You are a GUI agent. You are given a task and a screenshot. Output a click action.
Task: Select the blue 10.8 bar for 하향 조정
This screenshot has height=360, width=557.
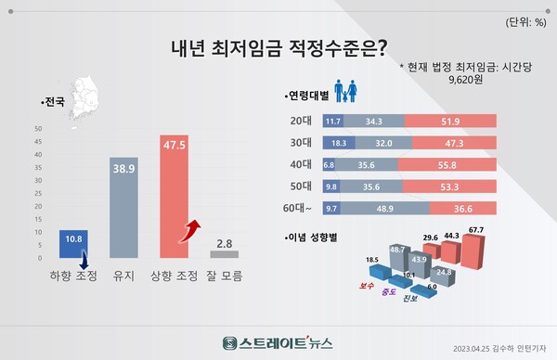coord(72,244)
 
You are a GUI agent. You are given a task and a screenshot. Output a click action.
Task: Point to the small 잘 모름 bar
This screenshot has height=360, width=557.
coord(225,253)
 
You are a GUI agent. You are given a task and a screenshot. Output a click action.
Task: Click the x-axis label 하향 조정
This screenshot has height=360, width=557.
coord(73,276)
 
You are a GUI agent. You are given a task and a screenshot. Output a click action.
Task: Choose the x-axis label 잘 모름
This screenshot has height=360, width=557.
coord(225,276)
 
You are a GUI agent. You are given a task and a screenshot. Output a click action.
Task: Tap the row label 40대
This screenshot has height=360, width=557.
coord(301,164)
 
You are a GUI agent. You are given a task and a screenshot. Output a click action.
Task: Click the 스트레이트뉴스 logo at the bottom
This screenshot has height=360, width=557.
coord(278,340)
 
